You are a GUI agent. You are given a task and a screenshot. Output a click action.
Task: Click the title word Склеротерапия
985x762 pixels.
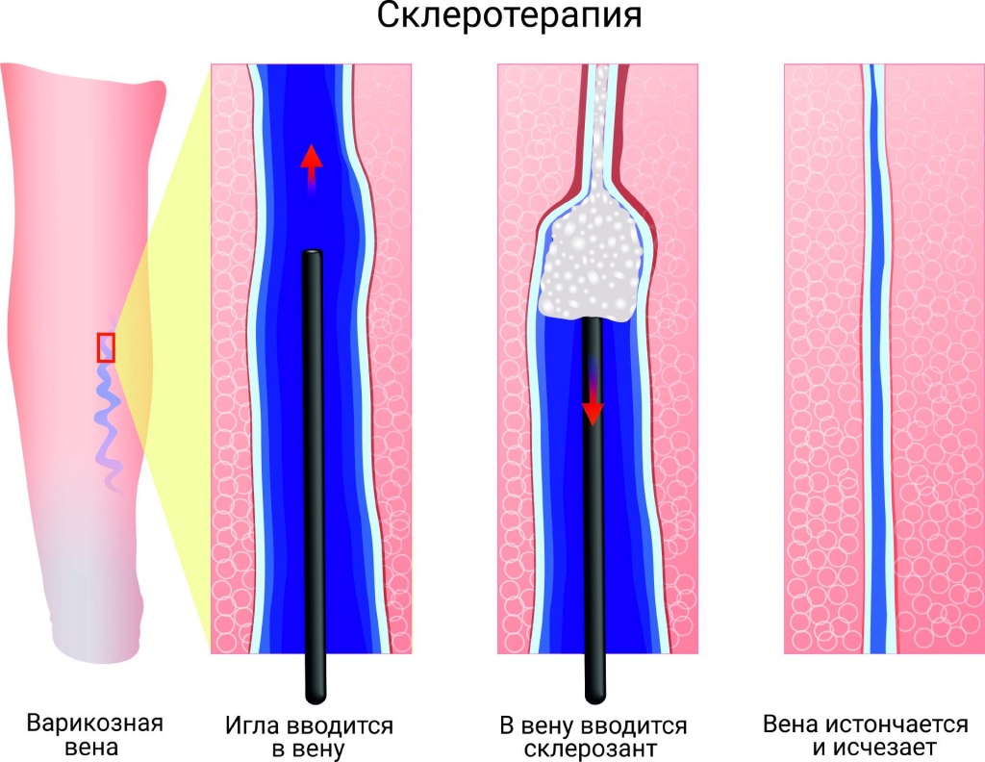click(x=510, y=16)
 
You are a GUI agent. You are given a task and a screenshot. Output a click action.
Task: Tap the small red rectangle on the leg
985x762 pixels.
click(x=106, y=347)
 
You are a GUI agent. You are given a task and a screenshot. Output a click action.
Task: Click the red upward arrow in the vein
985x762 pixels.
click(x=311, y=167)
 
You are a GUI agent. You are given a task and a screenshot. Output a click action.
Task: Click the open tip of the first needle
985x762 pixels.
click(x=313, y=253)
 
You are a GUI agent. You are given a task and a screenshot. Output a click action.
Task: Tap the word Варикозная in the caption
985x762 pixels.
click(x=95, y=724)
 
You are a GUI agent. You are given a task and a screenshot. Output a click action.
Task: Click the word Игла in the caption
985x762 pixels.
click(x=252, y=726)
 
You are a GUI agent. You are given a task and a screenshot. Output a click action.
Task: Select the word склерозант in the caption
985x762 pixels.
click(x=590, y=749)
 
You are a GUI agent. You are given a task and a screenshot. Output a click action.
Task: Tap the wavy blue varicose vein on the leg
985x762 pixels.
click(x=108, y=402)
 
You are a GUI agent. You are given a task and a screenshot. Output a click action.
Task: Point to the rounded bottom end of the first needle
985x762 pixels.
click(x=315, y=698)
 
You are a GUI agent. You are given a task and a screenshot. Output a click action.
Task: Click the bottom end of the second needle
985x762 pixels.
click(x=594, y=698)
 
